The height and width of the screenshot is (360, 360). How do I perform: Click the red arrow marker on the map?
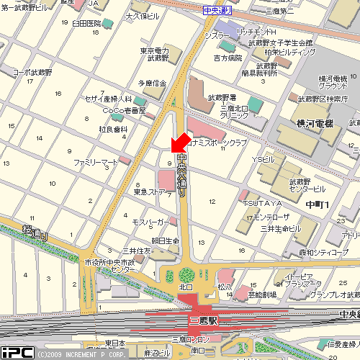180,141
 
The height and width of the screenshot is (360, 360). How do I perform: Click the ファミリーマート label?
96,163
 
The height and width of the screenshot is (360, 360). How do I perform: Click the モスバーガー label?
150,222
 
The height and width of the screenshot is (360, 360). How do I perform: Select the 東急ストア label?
150,192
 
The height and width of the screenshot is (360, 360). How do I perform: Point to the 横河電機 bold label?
316,124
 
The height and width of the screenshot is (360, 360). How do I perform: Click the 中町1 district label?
317,205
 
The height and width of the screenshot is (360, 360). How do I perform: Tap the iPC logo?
16,352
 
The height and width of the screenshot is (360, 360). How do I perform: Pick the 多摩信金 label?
152,84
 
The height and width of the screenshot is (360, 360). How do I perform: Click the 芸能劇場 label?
264,294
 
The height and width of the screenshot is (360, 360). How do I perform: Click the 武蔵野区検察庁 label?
322,99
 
